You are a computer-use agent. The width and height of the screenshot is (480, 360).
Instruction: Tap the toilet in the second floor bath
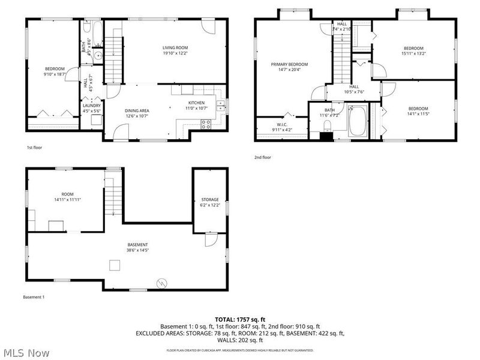(328, 125)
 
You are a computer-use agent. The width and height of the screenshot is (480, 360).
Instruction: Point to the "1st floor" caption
(34, 148)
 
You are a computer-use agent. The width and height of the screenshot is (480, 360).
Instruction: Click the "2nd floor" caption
(263, 157)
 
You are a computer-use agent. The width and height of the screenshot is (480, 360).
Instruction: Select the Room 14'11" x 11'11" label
(67, 197)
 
